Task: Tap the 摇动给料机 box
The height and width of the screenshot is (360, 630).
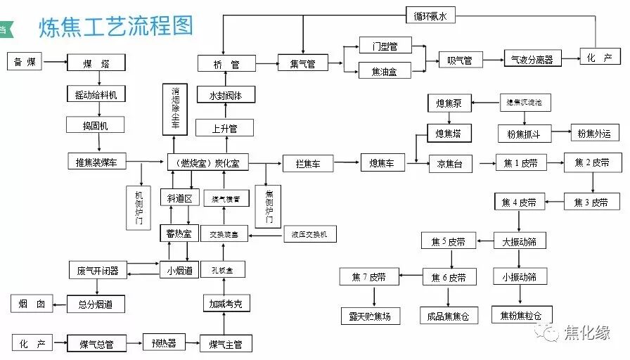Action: click(96, 94)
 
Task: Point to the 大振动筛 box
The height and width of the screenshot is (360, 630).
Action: click(520, 241)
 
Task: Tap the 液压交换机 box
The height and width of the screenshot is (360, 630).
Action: click(309, 233)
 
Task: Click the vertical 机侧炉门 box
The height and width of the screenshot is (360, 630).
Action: click(139, 207)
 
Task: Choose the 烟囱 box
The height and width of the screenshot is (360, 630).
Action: click(32, 304)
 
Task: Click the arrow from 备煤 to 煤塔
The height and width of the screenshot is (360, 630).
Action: click(56, 63)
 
